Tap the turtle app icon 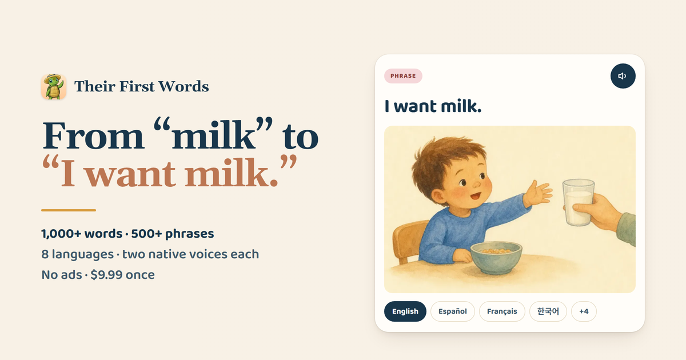tap(54, 87)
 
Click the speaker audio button tap(623, 76)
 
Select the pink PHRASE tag tap(403, 76)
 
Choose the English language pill tap(405, 311)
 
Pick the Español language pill tap(453, 311)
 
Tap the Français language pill tap(502, 311)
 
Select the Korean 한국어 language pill tap(548, 311)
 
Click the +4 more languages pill tap(584, 311)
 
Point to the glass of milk tap(578, 203)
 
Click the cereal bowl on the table tap(496, 257)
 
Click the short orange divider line tap(69, 210)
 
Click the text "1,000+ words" tap(82, 234)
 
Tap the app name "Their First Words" tap(142, 86)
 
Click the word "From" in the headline tap(93, 135)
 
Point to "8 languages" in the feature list tap(78, 254)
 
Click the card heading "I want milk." tap(433, 106)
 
